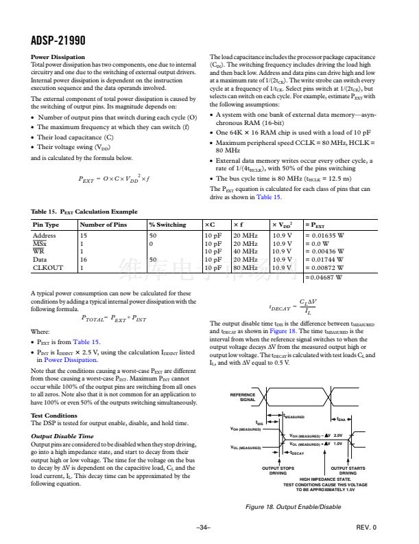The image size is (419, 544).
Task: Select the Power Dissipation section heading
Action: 58,56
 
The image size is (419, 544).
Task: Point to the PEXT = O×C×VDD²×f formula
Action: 113,180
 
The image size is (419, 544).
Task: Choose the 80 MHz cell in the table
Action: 245,267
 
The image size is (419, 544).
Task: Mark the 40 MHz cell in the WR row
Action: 245,251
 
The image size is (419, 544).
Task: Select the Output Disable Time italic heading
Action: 62,435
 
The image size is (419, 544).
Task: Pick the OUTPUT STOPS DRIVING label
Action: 277,471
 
